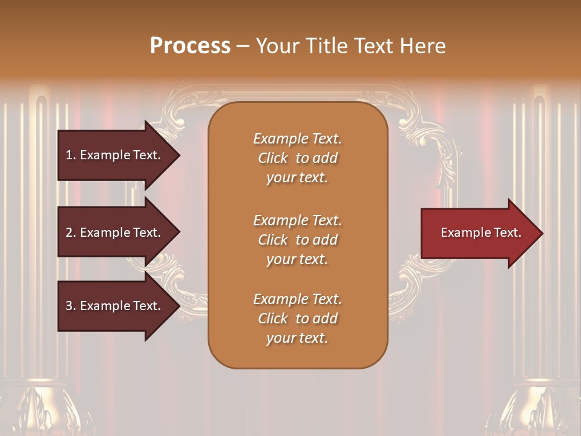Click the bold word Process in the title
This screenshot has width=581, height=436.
(x=190, y=46)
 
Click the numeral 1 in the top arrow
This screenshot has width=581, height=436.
(x=69, y=155)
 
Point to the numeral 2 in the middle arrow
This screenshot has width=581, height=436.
(x=69, y=233)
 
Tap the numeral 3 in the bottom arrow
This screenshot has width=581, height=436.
(x=69, y=306)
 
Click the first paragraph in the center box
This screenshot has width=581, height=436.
(x=297, y=158)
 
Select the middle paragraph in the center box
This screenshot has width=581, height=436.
(x=297, y=240)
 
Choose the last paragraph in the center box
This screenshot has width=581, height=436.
(x=297, y=319)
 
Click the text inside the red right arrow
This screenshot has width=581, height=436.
(x=481, y=233)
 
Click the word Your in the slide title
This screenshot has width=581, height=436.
(x=278, y=46)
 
